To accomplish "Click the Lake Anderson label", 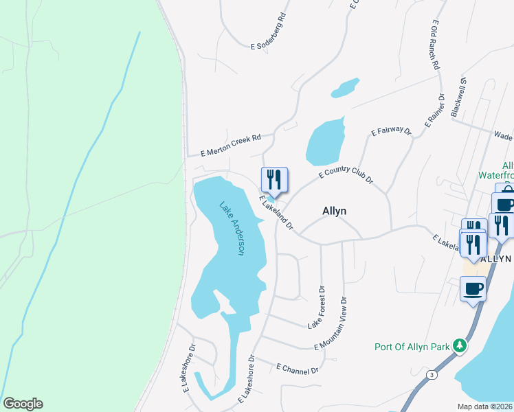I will [x=232, y=228].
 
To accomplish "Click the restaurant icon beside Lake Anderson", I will [x=274, y=181].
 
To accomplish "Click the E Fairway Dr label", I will [x=390, y=130].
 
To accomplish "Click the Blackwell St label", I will [x=458, y=97].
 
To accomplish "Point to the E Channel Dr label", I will [x=298, y=369].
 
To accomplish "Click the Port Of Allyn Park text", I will [x=411, y=347].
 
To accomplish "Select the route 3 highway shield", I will [x=431, y=374].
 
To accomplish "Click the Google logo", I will [x=23, y=404].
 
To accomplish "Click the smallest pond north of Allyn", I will [x=345, y=87].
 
